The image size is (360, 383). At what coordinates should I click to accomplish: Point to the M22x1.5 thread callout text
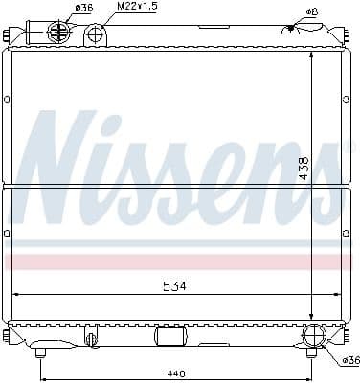tap(137, 7)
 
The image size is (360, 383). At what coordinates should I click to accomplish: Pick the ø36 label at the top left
tap(84, 8)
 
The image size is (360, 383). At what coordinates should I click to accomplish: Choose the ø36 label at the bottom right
tap(349, 360)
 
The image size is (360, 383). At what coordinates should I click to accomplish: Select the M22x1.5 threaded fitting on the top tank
tap(95, 36)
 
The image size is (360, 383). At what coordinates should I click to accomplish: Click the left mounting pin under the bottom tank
tap(40, 353)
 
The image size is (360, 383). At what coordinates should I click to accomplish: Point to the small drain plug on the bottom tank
tap(91, 338)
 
